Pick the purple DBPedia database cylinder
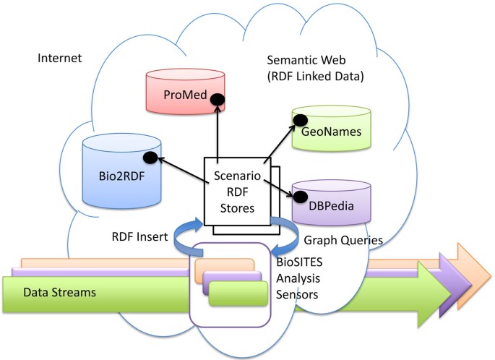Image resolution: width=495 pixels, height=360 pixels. point(330,201)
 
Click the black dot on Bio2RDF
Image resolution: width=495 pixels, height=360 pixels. point(150,157)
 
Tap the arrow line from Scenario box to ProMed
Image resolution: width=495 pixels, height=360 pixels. point(216,130)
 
